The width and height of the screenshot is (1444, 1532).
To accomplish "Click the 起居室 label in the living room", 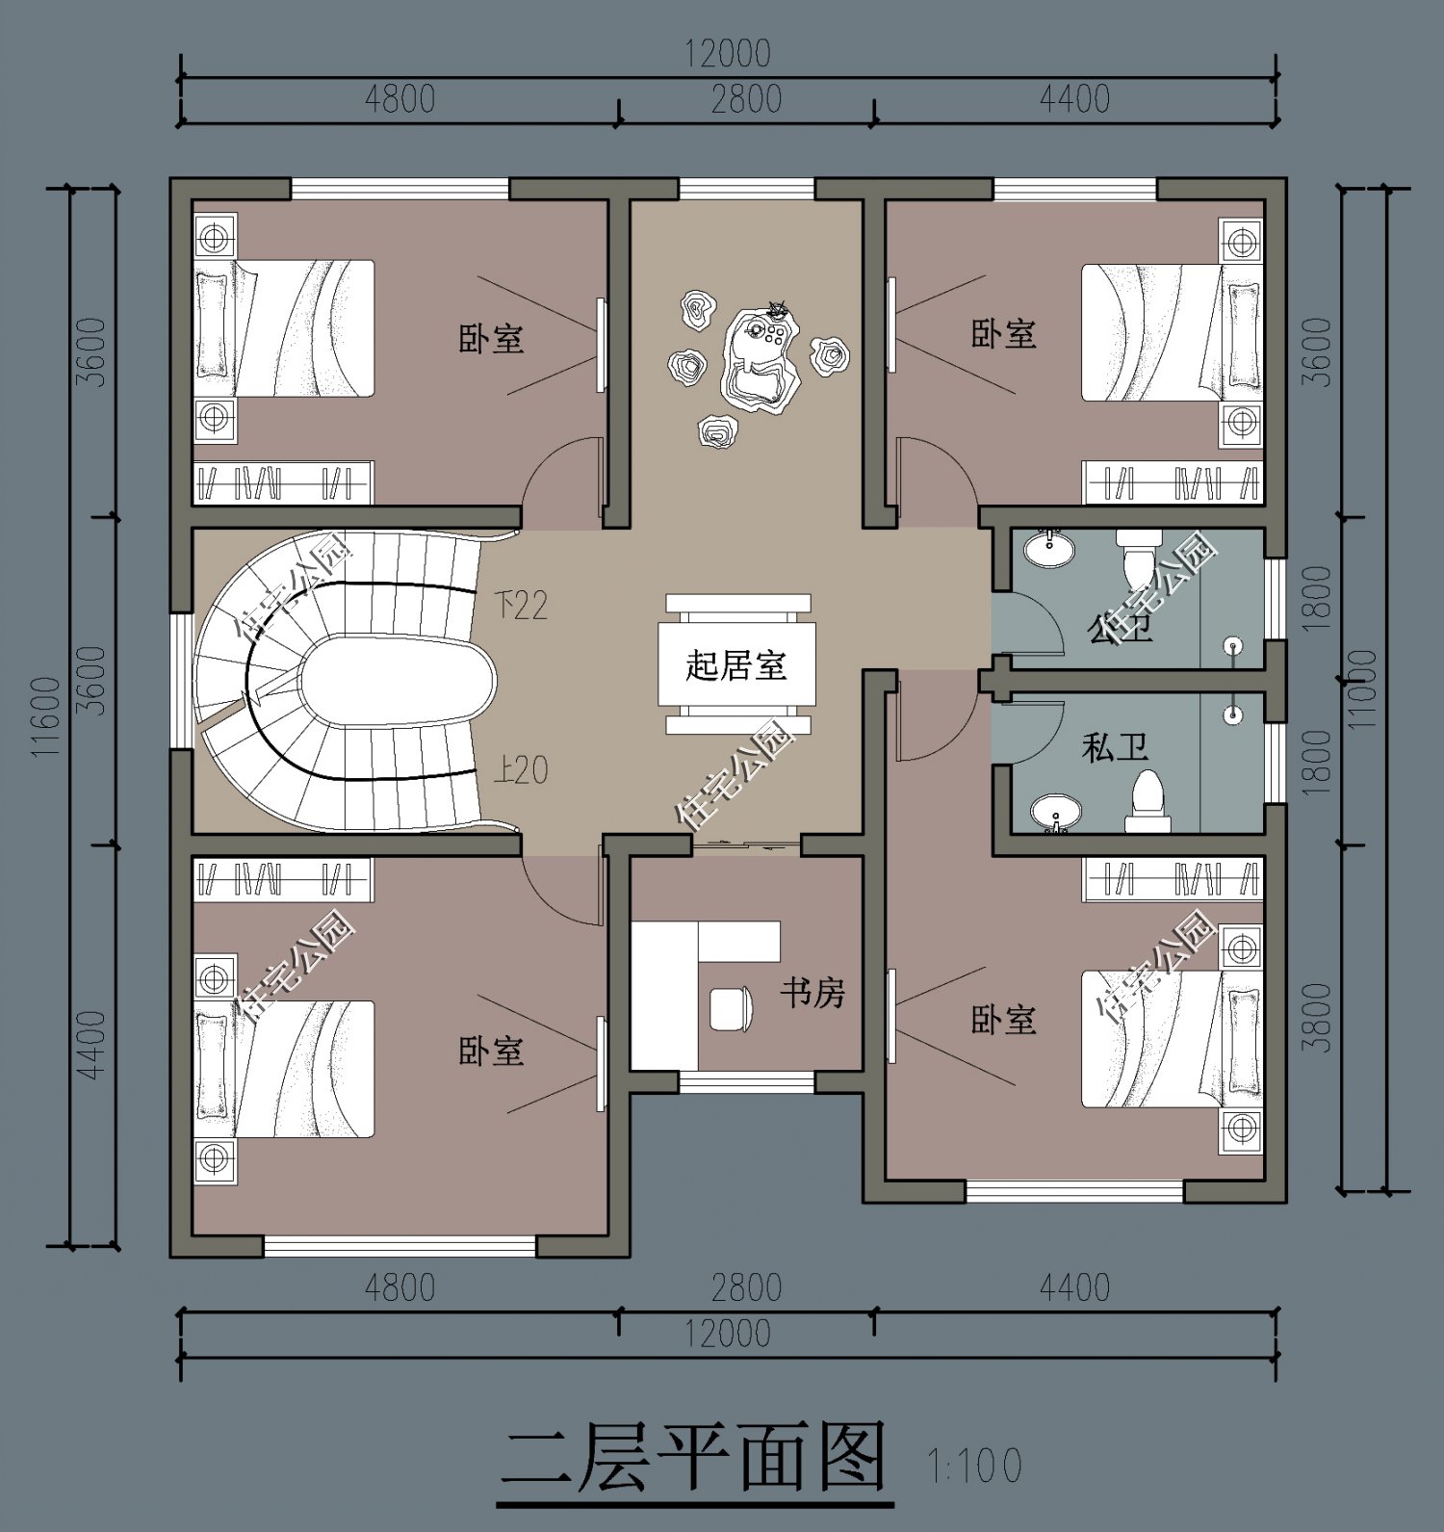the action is point(736,665).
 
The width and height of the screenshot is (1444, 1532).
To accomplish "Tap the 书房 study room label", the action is point(812,992).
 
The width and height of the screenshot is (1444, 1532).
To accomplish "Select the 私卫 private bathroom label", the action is point(1115,747).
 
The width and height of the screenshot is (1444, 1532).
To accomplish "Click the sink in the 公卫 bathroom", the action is point(1045,550).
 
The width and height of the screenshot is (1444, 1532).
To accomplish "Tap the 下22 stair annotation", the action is point(521,605).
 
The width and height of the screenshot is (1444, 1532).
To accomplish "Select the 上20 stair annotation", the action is point(521,769).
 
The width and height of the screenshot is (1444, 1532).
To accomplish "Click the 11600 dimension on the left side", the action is point(46,717).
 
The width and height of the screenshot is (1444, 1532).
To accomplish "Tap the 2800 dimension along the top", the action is point(746,98).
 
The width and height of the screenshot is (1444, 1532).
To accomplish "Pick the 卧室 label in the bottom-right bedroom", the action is point(1003,1020).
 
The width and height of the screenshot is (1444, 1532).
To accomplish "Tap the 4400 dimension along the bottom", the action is point(1074,1287).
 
